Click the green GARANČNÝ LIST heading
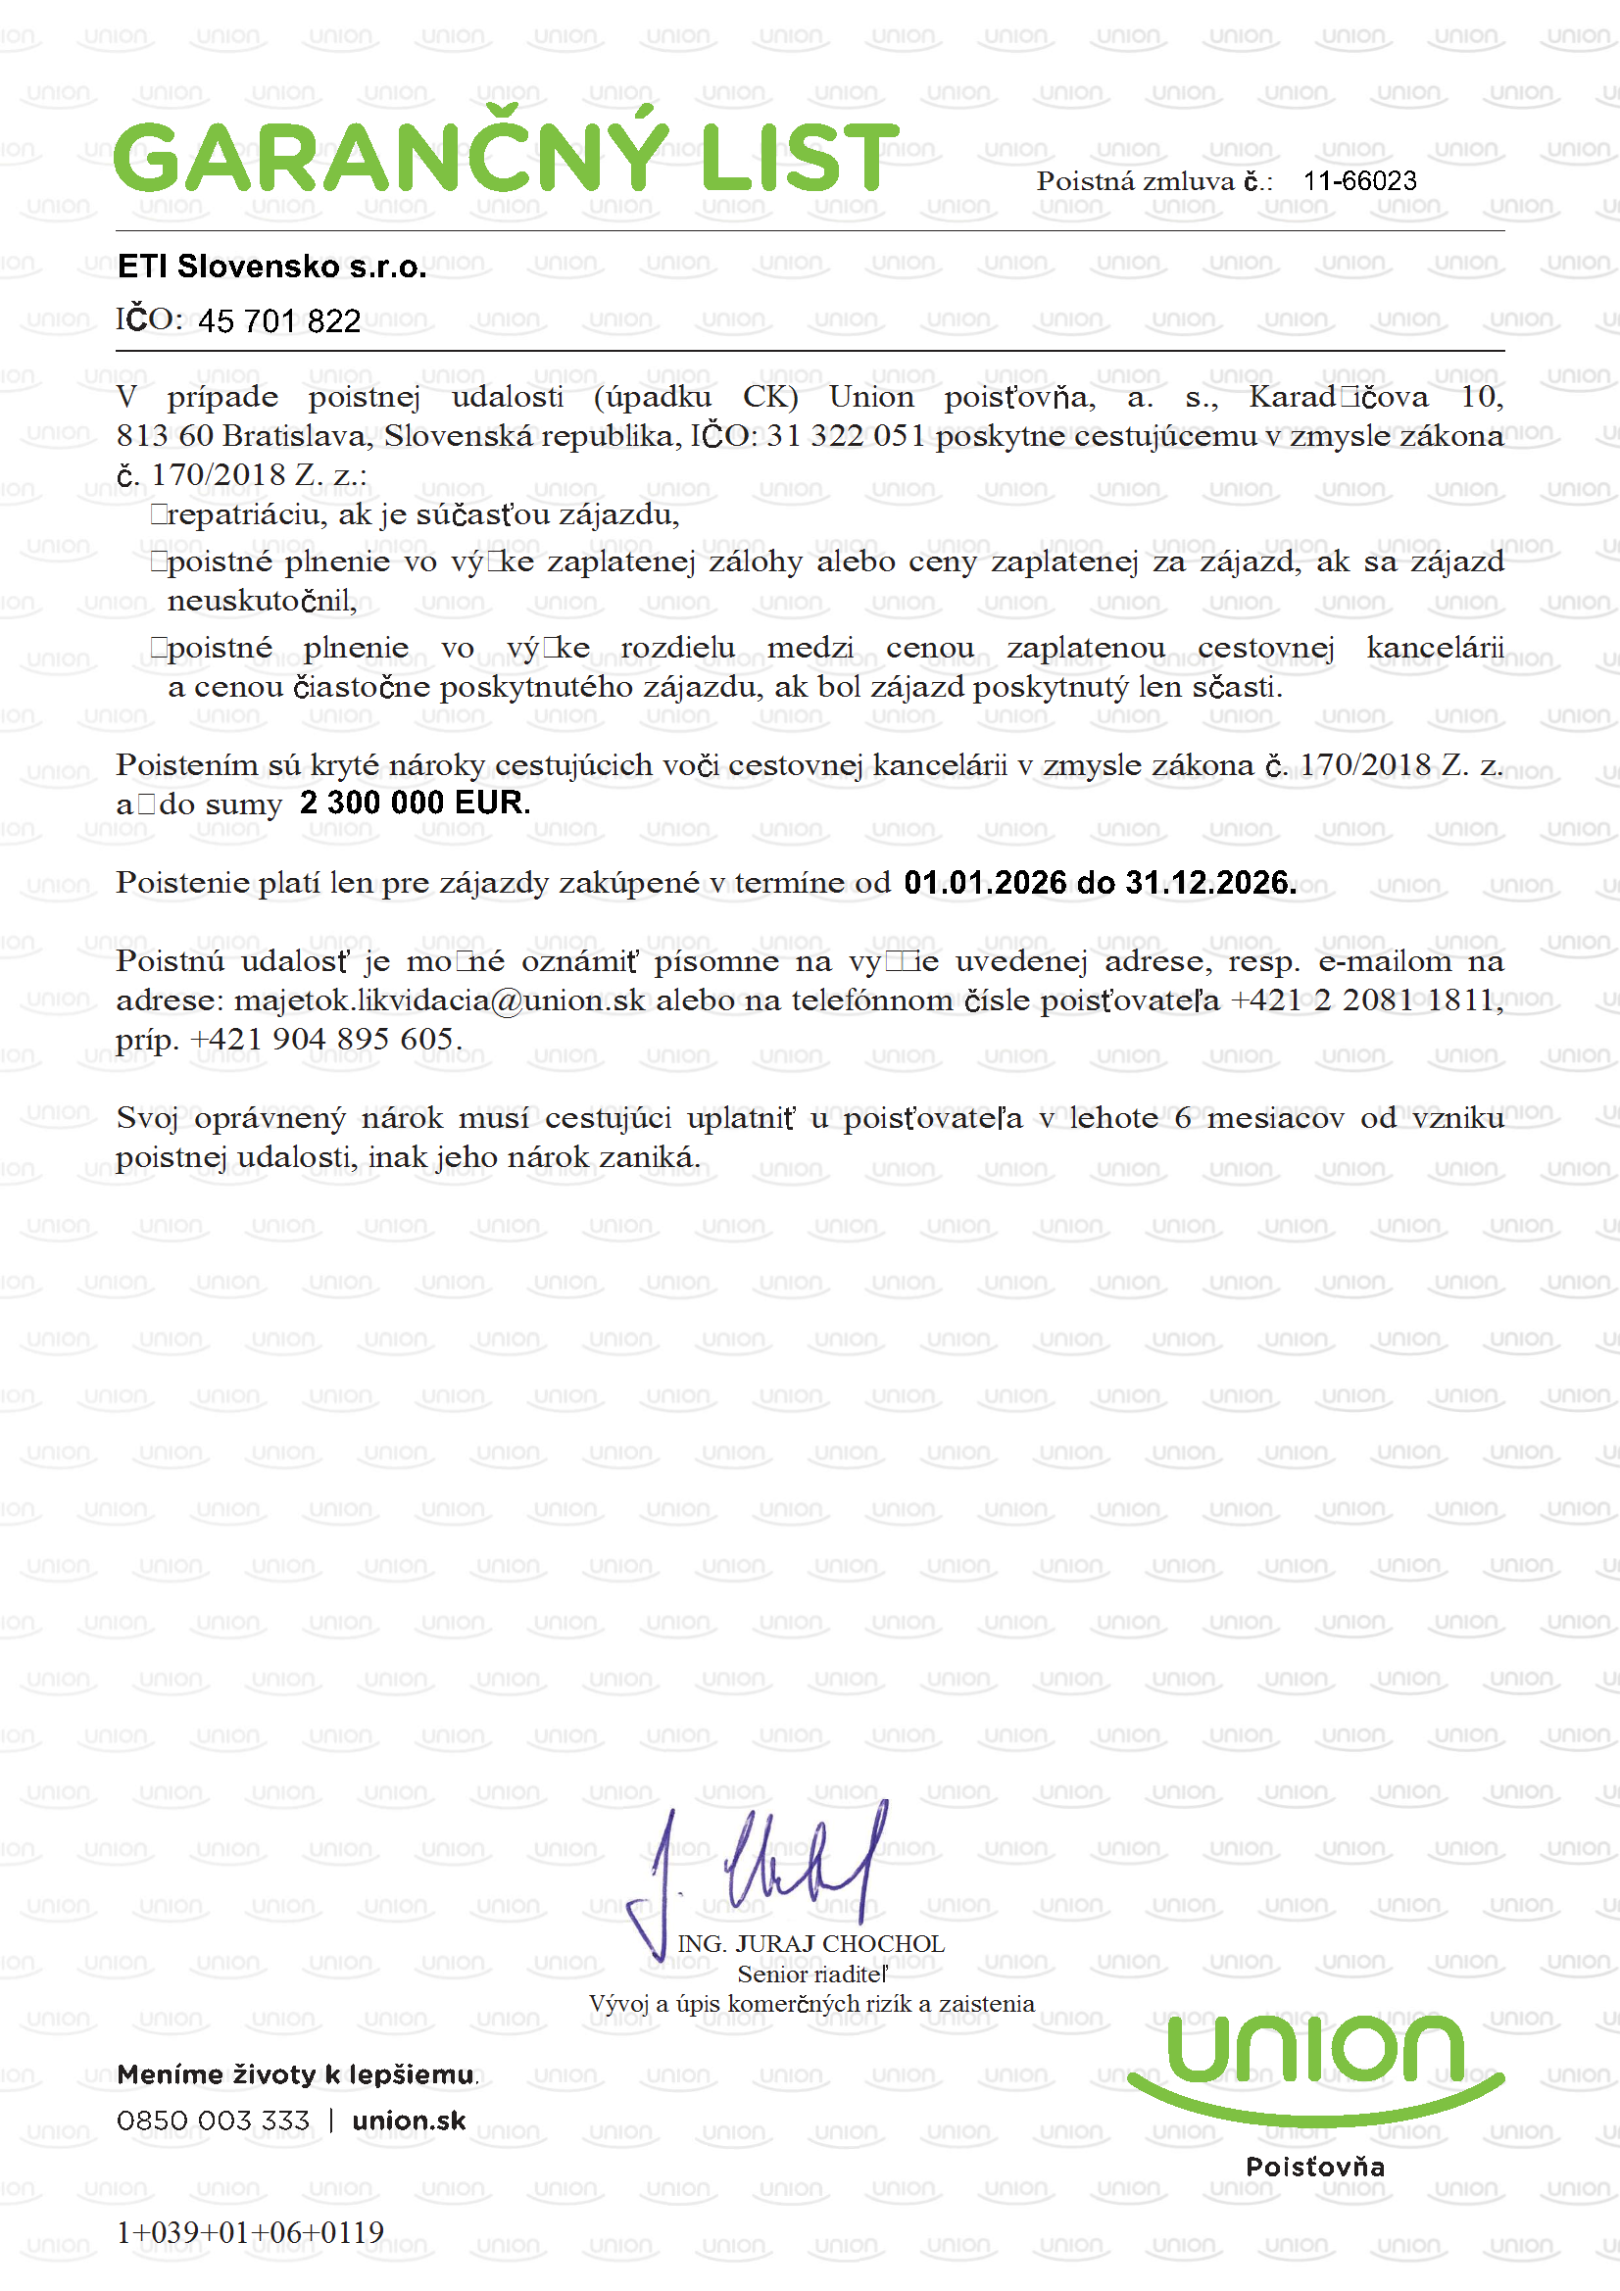click(506, 157)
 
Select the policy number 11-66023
click(1359, 180)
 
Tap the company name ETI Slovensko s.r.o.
click(271, 267)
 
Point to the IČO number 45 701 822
click(279, 321)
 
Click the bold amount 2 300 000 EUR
click(415, 804)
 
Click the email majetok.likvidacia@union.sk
click(439, 1000)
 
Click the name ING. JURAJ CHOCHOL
click(810, 1945)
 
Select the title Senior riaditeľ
click(812, 1974)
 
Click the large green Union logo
click(1315, 2066)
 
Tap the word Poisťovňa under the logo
click(1315, 2167)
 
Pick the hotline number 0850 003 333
click(213, 2120)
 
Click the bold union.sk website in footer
click(410, 2120)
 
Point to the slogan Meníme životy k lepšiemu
click(296, 2075)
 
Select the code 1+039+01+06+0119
click(250, 2232)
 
